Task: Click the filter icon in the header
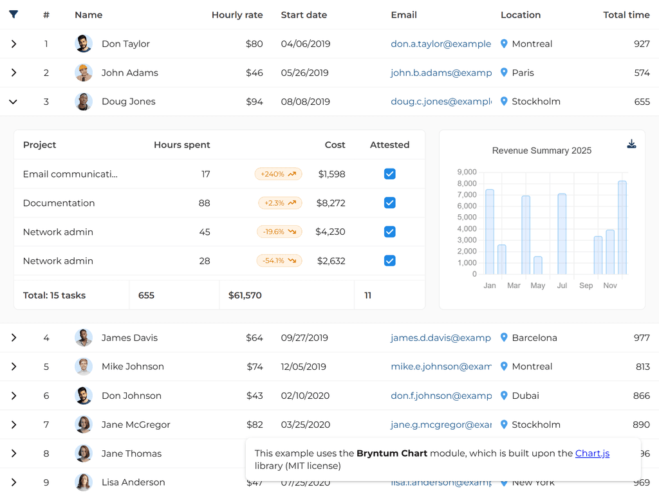(x=14, y=14)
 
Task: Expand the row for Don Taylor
(x=14, y=44)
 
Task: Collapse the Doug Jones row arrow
(x=14, y=102)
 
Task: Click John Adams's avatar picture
(x=84, y=73)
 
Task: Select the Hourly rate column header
(x=237, y=15)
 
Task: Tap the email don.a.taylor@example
(x=441, y=44)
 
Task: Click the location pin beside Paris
(x=504, y=73)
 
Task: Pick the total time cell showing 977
(x=642, y=338)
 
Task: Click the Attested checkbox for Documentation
(x=389, y=203)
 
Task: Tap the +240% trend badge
(x=278, y=174)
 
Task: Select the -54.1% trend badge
(x=279, y=261)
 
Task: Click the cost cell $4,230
(x=330, y=232)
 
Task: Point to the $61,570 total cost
(x=245, y=295)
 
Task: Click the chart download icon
(x=631, y=144)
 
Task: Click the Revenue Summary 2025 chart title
(x=542, y=151)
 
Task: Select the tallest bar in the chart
(x=622, y=228)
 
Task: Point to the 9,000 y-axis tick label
(x=467, y=172)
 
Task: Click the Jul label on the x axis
(x=562, y=286)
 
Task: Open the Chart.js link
(x=592, y=453)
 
